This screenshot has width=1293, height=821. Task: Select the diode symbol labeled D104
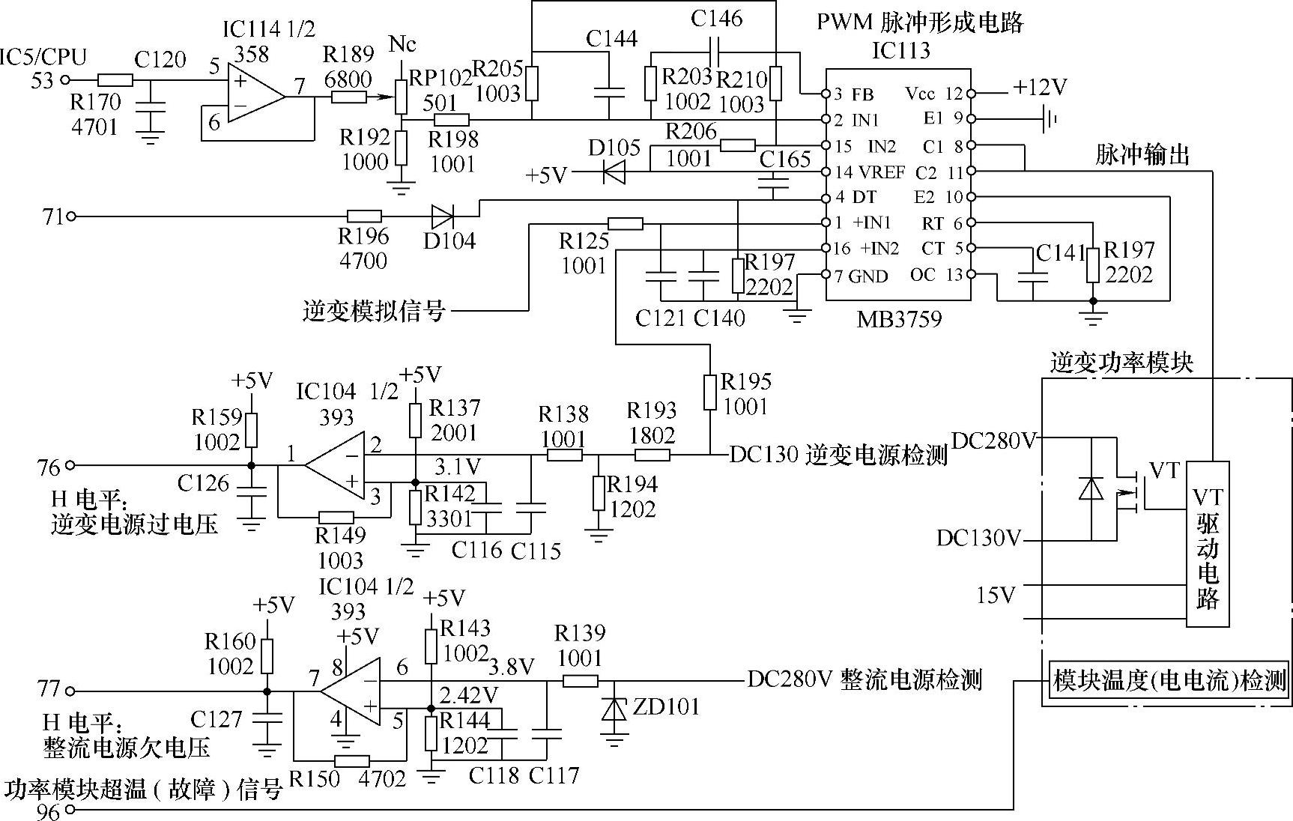click(x=442, y=216)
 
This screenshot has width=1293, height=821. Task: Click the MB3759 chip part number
click(x=899, y=319)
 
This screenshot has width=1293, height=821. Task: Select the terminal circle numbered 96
click(x=70, y=810)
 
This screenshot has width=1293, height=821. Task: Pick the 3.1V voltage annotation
click(x=458, y=467)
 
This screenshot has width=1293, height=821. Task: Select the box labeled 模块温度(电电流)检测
click(x=1169, y=679)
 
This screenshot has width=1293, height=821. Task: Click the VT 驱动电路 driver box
click(x=1208, y=543)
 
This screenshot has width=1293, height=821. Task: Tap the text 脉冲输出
click(x=1142, y=155)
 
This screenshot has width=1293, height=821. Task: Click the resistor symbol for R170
click(x=115, y=80)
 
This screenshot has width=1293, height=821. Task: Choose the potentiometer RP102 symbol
click(x=401, y=96)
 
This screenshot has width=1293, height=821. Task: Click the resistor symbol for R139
click(x=580, y=680)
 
